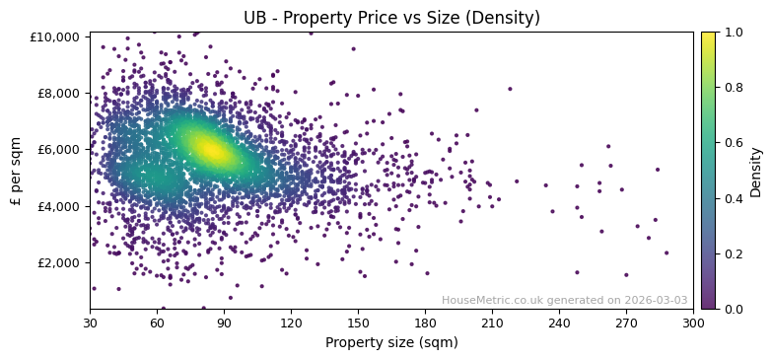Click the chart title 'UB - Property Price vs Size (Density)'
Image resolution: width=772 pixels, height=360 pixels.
click(x=391, y=18)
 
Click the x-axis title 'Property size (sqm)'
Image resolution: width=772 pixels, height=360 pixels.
click(x=391, y=342)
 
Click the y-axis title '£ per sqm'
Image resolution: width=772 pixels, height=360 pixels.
click(x=16, y=171)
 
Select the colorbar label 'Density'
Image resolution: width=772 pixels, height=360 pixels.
click(x=756, y=171)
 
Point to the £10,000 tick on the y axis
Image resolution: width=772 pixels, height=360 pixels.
click(x=55, y=36)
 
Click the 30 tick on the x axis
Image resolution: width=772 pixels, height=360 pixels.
click(x=90, y=323)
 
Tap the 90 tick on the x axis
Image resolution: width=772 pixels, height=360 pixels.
click(x=224, y=323)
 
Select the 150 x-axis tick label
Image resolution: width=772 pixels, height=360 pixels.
click(x=358, y=323)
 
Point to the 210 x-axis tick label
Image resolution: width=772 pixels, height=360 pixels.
click(x=492, y=323)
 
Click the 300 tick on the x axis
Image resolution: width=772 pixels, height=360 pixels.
click(x=693, y=323)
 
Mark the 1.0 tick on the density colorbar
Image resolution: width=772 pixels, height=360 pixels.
click(x=733, y=33)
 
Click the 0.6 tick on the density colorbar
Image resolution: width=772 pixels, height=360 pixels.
click(x=733, y=143)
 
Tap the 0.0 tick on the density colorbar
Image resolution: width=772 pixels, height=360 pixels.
click(x=733, y=309)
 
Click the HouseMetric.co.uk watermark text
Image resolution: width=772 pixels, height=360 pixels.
click(x=564, y=301)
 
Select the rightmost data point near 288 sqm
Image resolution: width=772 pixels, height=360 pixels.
click(x=666, y=252)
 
